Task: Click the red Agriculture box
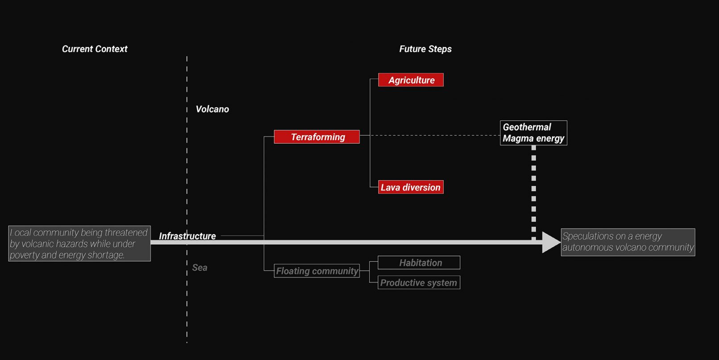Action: point(411,80)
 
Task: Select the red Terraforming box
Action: point(317,137)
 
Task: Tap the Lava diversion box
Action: point(411,187)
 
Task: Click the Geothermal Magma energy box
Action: point(533,133)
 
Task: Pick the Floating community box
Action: point(317,271)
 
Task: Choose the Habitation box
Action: point(419,263)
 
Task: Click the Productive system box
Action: point(419,283)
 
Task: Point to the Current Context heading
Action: point(95,49)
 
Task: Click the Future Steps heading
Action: point(425,49)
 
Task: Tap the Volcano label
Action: point(212,109)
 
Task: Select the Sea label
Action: point(199,268)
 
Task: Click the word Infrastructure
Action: point(187,236)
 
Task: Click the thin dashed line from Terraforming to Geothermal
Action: point(433,135)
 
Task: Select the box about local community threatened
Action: point(79,244)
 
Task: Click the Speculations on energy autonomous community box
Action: point(628,242)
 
